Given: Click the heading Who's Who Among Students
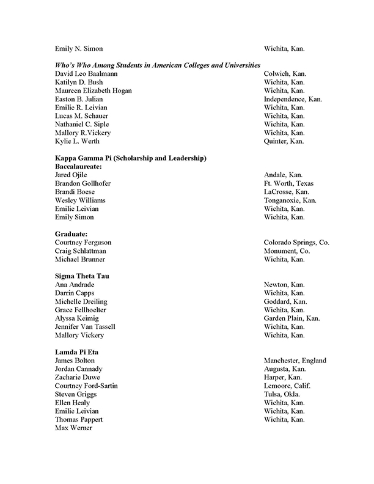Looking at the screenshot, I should (x=158, y=65).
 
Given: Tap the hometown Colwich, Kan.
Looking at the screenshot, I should (x=285, y=74).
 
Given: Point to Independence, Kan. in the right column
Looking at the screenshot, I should (x=293, y=99).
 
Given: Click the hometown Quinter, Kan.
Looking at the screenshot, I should (x=284, y=141).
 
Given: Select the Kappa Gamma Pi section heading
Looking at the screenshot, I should (x=131, y=158).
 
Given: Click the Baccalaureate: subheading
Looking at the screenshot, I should (x=78, y=166).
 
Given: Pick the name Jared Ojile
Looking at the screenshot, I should (x=71, y=175).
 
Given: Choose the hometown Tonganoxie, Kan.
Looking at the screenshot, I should (x=290, y=200).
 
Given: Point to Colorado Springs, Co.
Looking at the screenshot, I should (x=296, y=243).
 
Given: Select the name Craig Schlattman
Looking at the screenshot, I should (x=80, y=251).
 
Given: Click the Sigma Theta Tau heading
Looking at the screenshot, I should (x=82, y=276).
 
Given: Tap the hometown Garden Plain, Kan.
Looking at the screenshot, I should (x=291, y=318).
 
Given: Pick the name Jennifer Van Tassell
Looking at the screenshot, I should (x=85, y=327).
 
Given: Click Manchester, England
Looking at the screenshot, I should (x=295, y=361).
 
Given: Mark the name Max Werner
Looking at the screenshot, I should (x=73, y=428).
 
